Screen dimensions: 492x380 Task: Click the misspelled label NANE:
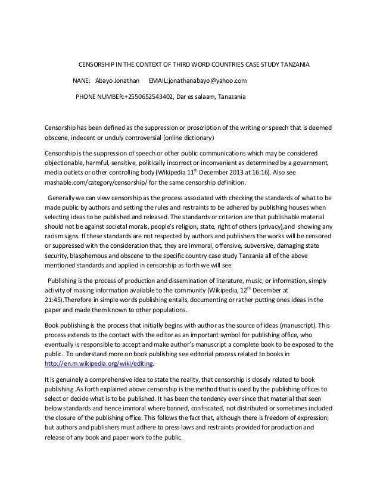81,80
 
